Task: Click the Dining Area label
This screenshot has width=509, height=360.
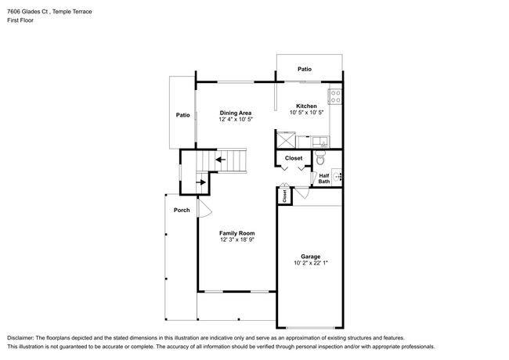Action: click(234, 112)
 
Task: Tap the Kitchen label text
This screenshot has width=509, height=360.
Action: click(305, 106)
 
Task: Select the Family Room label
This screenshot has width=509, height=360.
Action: click(236, 233)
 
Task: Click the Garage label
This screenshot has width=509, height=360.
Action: click(311, 256)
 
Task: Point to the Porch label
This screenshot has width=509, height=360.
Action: click(182, 210)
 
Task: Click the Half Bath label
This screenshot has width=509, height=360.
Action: click(324, 179)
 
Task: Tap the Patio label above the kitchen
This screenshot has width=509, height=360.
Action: click(304, 70)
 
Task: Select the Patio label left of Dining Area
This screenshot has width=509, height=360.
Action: click(182, 115)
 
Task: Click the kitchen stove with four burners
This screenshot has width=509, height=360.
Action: click(334, 98)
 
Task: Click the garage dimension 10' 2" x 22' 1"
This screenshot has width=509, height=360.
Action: click(311, 264)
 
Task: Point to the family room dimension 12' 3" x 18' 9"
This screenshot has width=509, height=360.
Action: click(236, 241)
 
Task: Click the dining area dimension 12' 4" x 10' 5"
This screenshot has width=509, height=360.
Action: click(234, 120)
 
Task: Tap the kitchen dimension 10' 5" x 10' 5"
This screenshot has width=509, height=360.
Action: click(305, 113)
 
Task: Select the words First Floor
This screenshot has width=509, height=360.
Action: click(20, 20)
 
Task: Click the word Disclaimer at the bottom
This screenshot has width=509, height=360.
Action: click(24, 335)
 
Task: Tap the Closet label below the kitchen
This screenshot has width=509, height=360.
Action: click(294, 158)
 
